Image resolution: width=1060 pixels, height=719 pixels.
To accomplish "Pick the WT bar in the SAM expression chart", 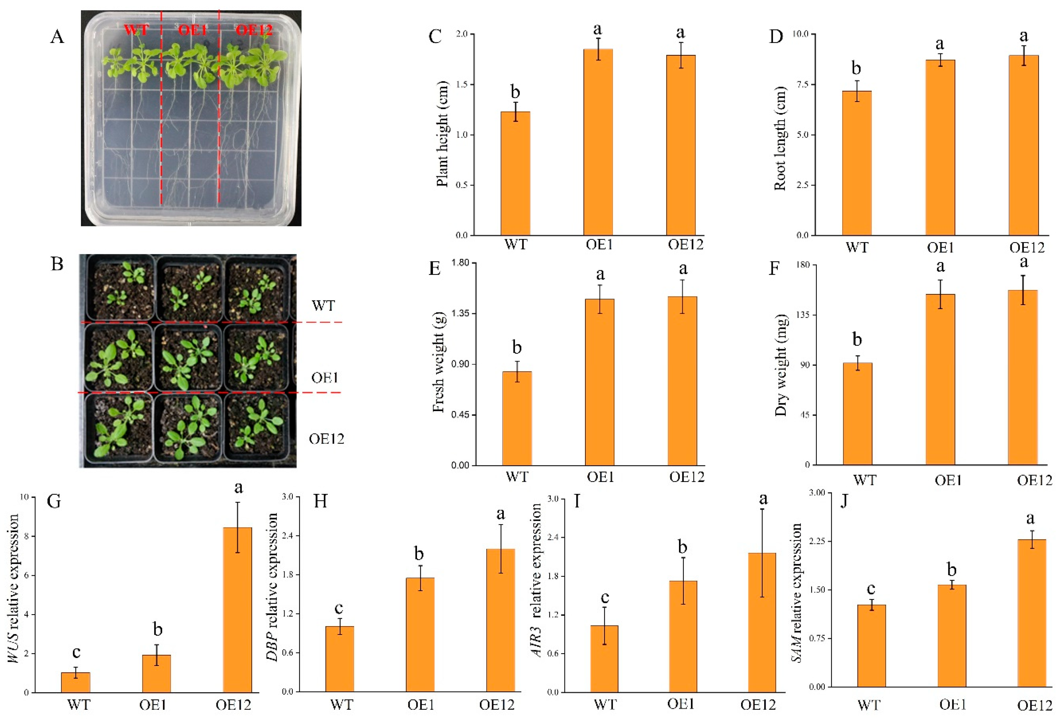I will [871, 646].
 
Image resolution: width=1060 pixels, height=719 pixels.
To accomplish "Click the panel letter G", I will [54, 501].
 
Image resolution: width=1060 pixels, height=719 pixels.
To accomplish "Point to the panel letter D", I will [776, 36].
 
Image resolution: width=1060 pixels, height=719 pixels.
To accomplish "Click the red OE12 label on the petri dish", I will [254, 30].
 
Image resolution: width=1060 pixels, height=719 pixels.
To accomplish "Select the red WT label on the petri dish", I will [136, 30].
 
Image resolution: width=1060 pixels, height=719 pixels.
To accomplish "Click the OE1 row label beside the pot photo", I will [324, 378].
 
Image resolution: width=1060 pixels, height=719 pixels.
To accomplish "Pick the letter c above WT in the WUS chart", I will [76, 653].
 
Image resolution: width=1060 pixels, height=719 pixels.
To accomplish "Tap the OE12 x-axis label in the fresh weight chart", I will [686, 477].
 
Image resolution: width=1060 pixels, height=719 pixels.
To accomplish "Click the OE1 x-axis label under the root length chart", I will [940, 248].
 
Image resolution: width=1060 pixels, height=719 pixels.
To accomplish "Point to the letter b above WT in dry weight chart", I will [857, 340].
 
